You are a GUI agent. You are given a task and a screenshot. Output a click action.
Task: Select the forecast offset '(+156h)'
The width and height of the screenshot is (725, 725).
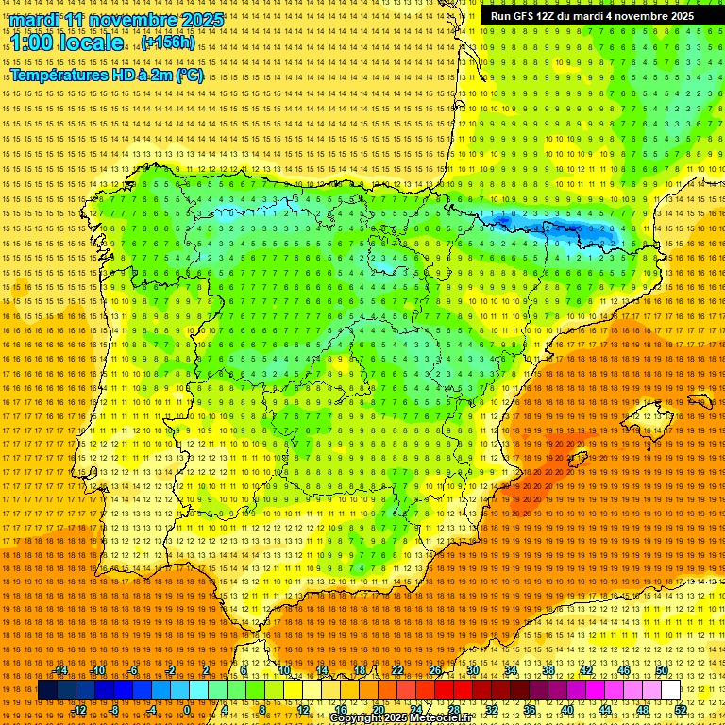168,42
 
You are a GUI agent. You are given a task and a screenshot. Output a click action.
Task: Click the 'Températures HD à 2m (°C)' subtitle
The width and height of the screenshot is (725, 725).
106,76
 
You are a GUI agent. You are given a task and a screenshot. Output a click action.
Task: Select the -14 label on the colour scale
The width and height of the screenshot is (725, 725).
61,670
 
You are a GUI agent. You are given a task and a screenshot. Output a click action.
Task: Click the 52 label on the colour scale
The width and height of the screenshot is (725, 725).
681,710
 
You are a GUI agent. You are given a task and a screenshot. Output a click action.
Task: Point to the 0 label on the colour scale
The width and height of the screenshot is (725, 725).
187,710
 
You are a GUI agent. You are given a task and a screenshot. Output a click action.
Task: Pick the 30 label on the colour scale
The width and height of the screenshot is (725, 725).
472,670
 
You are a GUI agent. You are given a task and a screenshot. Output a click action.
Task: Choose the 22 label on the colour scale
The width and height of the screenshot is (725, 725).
397,670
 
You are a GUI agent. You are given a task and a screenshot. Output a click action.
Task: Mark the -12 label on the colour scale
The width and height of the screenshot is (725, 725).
79,710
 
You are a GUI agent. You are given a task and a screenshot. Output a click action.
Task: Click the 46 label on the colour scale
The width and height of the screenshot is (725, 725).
623,670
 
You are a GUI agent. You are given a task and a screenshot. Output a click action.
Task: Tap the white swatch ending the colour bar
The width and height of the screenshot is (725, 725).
671,690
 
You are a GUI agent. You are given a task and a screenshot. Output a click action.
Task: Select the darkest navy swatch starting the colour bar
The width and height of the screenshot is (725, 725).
47,690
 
